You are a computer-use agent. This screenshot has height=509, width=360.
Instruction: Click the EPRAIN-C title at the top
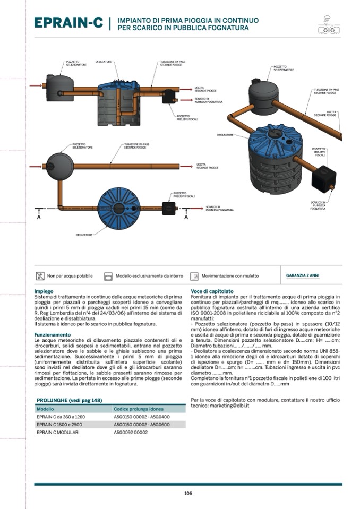(68, 23)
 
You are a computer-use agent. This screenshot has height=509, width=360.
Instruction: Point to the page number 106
(188, 494)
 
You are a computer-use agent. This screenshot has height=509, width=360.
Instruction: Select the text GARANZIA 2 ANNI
(303, 275)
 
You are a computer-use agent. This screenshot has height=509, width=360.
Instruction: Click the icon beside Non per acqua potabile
(40, 276)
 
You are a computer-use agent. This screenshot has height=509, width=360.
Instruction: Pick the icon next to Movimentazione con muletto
(194, 276)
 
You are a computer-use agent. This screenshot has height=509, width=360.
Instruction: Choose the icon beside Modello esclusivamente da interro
(108, 276)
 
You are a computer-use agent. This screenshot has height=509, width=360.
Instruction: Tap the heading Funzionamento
(52, 335)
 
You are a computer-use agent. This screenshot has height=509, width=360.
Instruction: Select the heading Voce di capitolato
(212, 291)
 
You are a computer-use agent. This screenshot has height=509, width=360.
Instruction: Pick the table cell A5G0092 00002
(131, 433)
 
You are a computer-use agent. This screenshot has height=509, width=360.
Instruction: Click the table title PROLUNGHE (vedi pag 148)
(69, 400)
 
